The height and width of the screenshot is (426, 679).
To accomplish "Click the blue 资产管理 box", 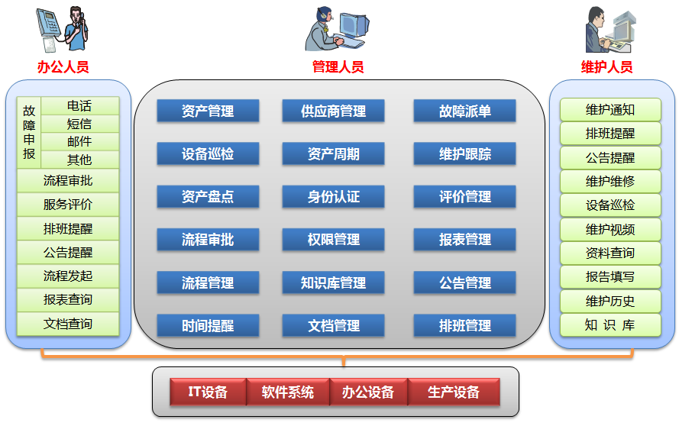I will pos(208,111).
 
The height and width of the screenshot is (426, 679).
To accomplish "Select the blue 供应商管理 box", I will pos(334,111).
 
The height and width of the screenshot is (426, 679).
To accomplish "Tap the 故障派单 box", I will pos(464,111).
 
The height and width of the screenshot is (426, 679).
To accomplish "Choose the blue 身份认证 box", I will pos(334,197).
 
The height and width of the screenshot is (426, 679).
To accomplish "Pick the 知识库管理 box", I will pos(334,283).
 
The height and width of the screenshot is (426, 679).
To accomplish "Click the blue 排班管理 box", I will pos(464,326).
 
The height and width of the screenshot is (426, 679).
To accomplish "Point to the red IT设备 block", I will pos(209,392).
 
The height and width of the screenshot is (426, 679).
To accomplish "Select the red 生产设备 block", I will pos(454,392).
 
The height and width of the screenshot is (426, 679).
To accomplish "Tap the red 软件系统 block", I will pos(288,392).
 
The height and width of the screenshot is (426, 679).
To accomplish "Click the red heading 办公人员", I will pos(63,66).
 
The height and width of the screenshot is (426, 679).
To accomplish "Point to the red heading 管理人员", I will pos(338,66).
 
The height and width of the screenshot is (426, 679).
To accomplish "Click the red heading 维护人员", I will pos(607,66).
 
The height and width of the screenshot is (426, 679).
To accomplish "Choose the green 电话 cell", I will pos(79,106).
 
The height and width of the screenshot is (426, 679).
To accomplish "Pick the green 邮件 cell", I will pos(79,142).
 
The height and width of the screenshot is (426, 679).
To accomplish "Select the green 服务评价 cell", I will pos(68,205).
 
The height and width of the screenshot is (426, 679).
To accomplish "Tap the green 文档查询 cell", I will pos(68,324).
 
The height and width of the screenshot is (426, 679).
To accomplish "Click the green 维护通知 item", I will pos(609,110).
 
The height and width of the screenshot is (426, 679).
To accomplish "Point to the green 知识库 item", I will pos(609,325).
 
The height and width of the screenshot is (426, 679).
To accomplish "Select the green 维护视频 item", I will pos(609,230).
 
